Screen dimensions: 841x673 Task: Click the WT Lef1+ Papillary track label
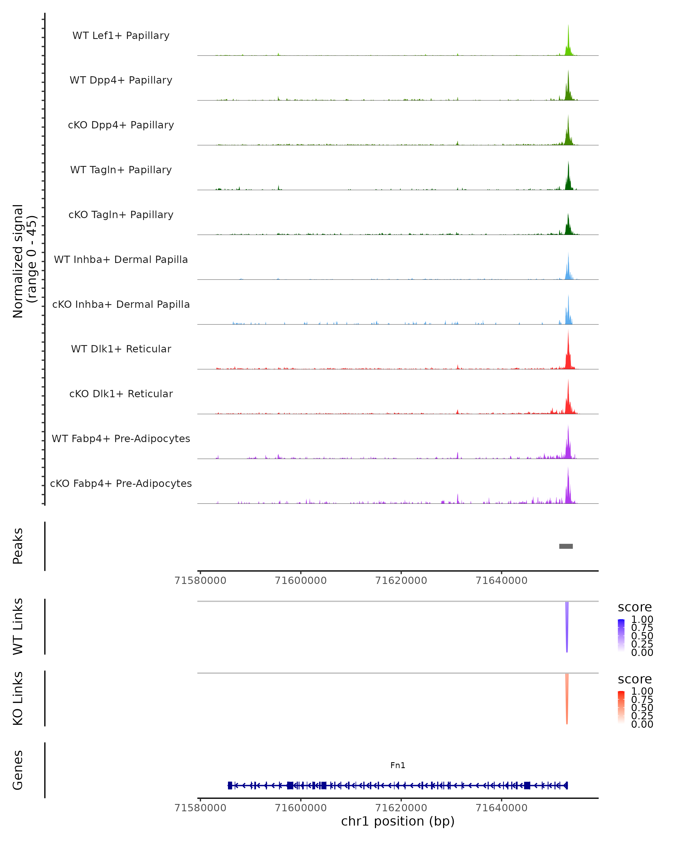[121, 36]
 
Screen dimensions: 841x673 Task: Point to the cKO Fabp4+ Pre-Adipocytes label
[121, 483]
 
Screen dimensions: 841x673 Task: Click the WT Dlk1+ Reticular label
[121, 349]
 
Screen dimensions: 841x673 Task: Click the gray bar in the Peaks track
[566, 546]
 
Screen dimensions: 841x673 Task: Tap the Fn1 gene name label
[398, 765]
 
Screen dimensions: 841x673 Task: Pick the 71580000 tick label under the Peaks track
[200, 581]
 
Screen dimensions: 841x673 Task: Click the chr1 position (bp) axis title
[398, 821]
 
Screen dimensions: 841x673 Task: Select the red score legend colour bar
[621, 707]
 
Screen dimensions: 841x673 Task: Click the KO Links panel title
[18, 698]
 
